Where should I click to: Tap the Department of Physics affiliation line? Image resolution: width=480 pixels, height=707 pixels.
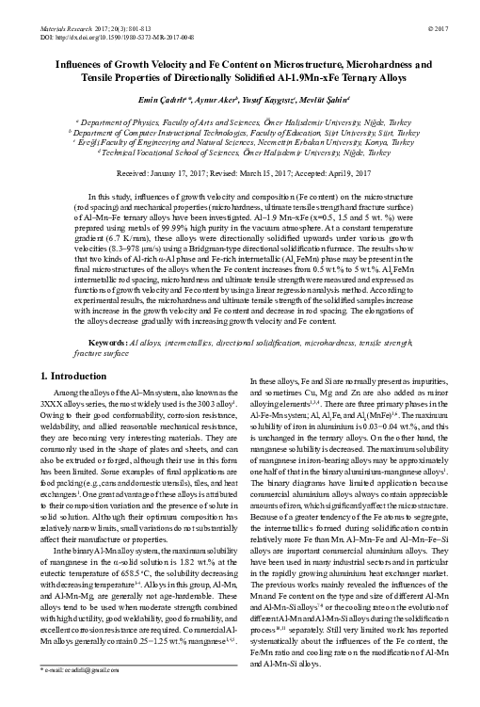(239, 122)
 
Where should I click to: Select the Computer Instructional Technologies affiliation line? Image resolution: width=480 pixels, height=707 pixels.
(239, 133)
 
